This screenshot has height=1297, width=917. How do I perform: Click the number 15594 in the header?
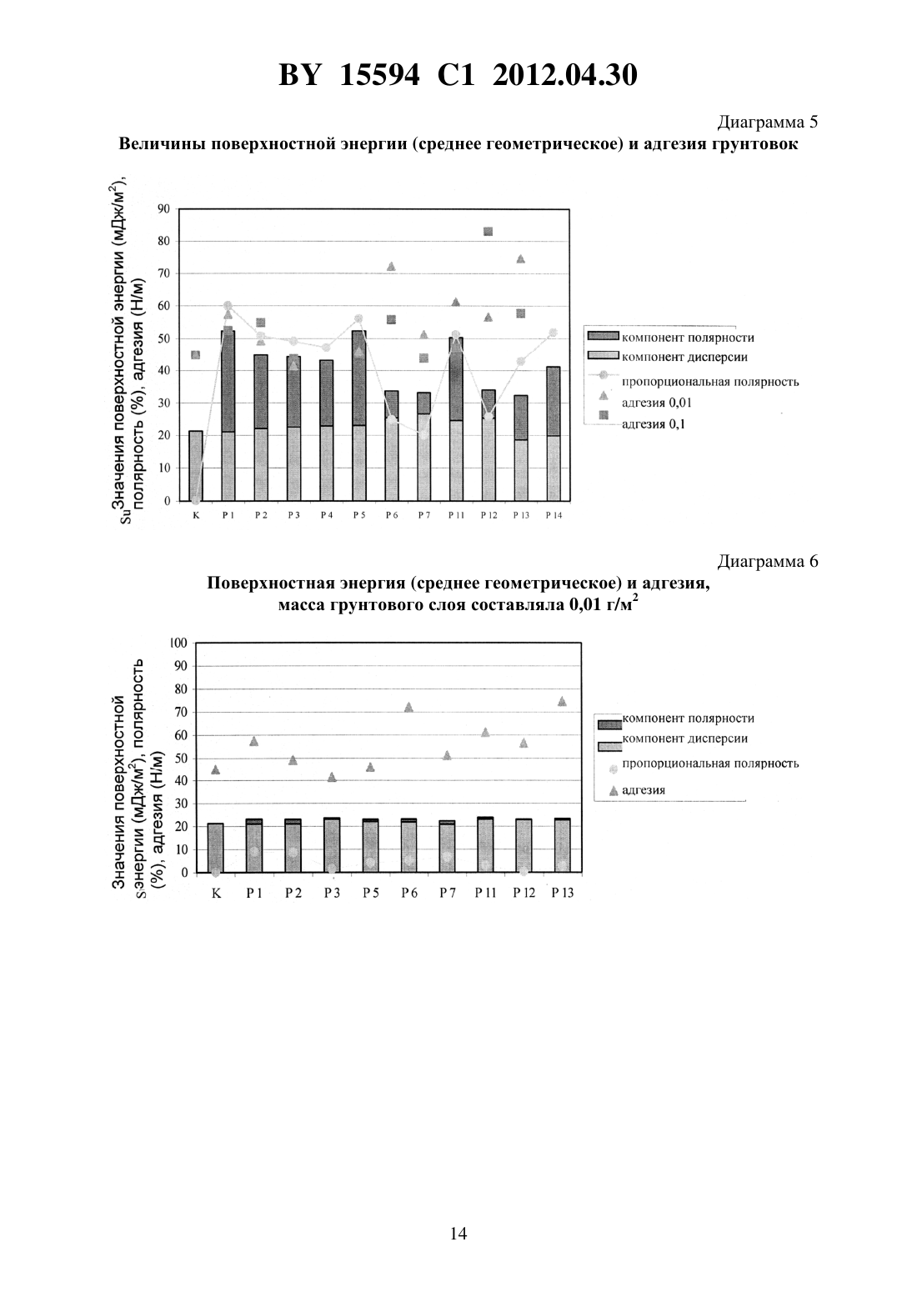(379, 75)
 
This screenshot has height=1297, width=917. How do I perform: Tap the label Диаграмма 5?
(768, 123)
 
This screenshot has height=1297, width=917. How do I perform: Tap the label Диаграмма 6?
(768, 561)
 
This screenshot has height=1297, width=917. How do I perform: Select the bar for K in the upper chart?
(196, 465)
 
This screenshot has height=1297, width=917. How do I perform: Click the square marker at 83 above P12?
(488, 232)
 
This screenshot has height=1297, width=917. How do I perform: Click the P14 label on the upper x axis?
(554, 515)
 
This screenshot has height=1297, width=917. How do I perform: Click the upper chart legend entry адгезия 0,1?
(653, 423)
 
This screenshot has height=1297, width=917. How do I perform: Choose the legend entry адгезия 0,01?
(657, 403)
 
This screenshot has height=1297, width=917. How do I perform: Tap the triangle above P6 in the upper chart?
(391, 267)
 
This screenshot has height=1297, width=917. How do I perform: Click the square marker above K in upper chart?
(196, 355)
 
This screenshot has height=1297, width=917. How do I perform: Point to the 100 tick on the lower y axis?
(179, 643)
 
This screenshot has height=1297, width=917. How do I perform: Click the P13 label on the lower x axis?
(562, 893)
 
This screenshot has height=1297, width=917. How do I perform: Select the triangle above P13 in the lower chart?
(562, 702)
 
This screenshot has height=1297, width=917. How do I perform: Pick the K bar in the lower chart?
(215, 848)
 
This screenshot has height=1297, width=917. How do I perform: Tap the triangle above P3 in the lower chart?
(332, 777)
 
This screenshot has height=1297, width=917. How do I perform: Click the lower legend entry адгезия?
(644, 789)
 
